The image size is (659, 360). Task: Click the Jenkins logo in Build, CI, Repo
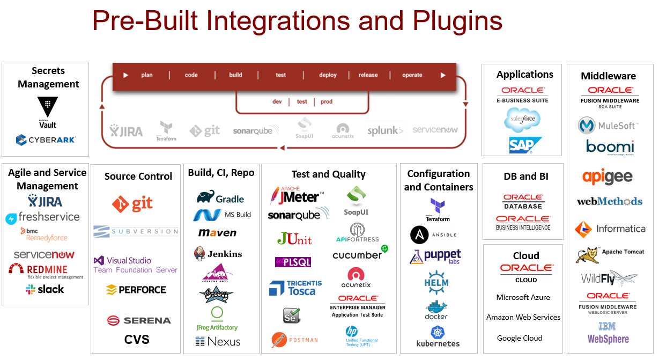click(x=218, y=254)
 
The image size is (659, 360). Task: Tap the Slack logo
click(x=45, y=289)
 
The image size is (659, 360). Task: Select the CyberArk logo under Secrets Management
click(x=46, y=140)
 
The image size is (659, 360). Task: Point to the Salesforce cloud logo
click(x=522, y=120)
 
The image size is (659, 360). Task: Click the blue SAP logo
click(x=525, y=145)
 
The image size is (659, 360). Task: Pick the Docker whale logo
click(x=437, y=310)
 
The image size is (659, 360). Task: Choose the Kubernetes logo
click(x=438, y=336)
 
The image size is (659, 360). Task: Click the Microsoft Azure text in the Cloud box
click(x=523, y=297)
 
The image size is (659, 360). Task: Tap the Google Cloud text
click(x=519, y=338)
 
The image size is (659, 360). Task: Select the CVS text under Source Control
click(x=137, y=339)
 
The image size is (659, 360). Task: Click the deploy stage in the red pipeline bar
click(x=328, y=75)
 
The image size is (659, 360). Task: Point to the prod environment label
click(x=327, y=101)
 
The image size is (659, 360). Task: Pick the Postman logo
click(x=294, y=340)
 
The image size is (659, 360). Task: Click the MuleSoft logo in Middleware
click(x=608, y=126)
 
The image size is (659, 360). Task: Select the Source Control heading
click(x=138, y=176)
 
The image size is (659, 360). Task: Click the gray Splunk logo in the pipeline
click(x=386, y=130)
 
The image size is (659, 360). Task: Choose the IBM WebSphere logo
click(x=608, y=333)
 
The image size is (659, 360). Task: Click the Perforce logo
click(x=136, y=290)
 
